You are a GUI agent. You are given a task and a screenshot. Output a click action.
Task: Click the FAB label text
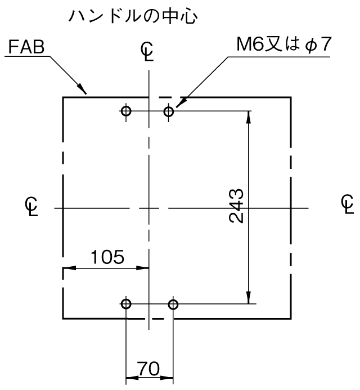pos(26,47)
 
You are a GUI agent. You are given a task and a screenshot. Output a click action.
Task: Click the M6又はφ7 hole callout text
pos(283,44)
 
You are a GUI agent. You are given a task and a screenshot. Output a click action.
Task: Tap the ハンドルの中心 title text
pos(133,17)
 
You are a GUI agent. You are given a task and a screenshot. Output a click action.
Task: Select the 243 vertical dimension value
pos(236,206)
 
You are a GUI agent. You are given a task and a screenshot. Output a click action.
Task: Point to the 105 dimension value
pos(107,257)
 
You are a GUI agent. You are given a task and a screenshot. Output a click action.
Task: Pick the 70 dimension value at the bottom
pos(148,369)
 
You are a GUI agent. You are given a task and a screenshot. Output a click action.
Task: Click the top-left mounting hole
pos(126,111)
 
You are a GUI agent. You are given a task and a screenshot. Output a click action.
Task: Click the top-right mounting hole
pos(169,111)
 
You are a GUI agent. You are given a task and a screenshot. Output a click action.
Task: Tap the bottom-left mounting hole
pos(126,304)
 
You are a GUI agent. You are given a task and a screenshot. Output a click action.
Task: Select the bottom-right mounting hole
pos(173,304)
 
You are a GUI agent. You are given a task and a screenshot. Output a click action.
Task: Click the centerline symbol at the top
pos(147,51)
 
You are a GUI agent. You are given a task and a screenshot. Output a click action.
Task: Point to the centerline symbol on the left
pos(31,207)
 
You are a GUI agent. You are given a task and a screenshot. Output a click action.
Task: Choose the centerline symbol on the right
pos(347,204)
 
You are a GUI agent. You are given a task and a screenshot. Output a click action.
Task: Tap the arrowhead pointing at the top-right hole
pos(181,103)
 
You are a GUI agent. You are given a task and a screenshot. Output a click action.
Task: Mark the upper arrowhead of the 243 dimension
pos(249,117)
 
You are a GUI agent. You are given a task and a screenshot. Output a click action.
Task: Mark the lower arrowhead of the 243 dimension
pos(249,298)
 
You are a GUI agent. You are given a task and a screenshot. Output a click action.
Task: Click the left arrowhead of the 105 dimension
pos(69,268)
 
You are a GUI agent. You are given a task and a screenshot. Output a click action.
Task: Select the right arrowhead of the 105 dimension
pos(142,268)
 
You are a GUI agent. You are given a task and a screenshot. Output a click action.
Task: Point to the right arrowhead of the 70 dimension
pos(167,378)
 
